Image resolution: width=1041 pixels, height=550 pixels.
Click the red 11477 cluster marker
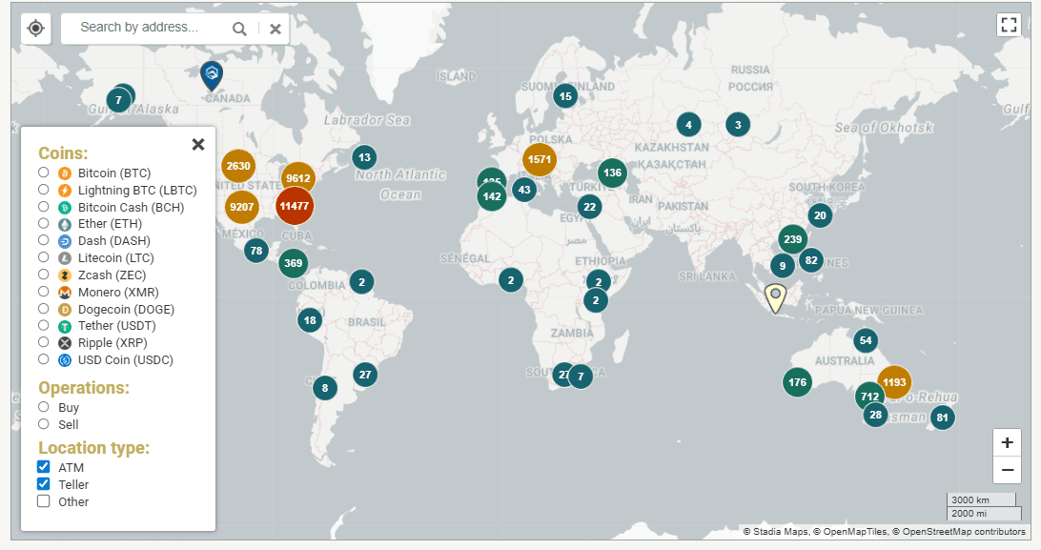[x=295, y=205]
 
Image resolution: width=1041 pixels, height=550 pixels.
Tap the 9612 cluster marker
[x=298, y=177]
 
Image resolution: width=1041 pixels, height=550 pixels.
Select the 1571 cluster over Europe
[x=540, y=159]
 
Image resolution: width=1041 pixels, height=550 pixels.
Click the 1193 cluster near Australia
[x=894, y=382]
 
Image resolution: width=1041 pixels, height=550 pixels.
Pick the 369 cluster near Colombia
[x=294, y=263]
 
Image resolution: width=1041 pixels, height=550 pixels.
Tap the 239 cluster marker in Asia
[x=792, y=239]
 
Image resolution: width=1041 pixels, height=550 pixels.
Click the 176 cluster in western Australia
[x=798, y=382]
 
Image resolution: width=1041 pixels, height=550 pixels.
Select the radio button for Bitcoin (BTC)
[x=44, y=173]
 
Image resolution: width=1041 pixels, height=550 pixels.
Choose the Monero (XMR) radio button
[x=44, y=292]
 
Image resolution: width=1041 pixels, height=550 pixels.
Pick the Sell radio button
[x=44, y=424]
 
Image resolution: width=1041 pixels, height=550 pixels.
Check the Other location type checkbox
[x=44, y=501]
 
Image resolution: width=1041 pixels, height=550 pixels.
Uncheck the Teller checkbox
[x=44, y=484]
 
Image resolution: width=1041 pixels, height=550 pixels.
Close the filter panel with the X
[x=198, y=144]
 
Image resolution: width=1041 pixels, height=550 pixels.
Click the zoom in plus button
[x=1008, y=443]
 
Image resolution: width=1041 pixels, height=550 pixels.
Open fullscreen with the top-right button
[x=1009, y=25]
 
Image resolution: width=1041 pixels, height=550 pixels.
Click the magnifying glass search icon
[x=239, y=29]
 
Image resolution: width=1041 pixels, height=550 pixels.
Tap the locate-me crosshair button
[x=35, y=28]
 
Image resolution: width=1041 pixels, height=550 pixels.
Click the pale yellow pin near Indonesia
[x=776, y=296]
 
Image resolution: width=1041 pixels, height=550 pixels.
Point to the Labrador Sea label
[x=367, y=120]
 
